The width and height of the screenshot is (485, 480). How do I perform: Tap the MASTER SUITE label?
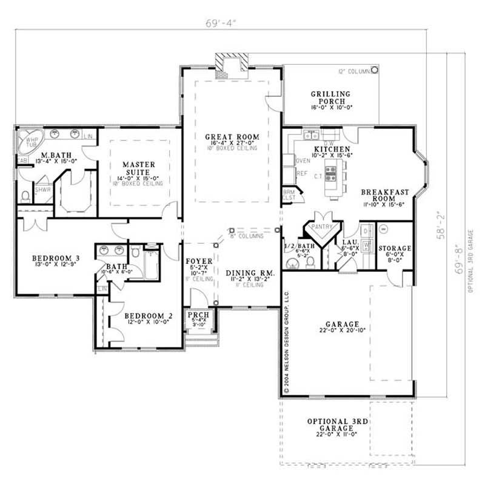pyautogui.click(x=139, y=168)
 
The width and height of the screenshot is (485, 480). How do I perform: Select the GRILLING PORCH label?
pyautogui.click(x=330, y=97)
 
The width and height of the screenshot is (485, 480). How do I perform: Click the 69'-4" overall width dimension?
pyautogui.click(x=220, y=24)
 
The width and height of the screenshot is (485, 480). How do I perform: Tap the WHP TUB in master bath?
pyautogui.click(x=28, y=143)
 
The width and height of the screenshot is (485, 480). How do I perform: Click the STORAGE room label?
pyautogui.click(x=395, y=248)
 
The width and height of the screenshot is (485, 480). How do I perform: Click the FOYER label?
pyautogui.click(x=199, y=261)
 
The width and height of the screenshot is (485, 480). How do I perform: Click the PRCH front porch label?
pyautogui.click(x=198, y=316)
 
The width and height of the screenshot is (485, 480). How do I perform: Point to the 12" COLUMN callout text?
pyautogui.click(x=354, y=71)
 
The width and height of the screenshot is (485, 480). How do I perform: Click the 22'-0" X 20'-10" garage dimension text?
pyautogui.click(x=341, y=331)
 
